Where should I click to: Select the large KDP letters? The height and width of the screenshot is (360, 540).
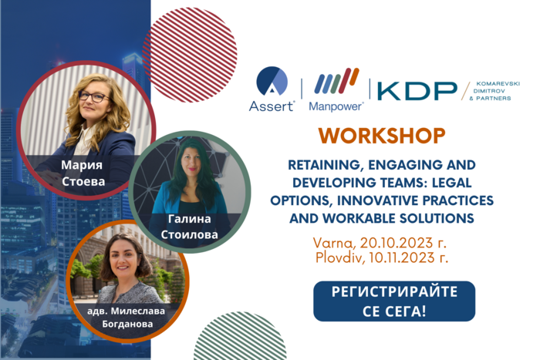tap(417, 90)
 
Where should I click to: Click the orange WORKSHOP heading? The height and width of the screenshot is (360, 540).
tap(381, 136)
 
